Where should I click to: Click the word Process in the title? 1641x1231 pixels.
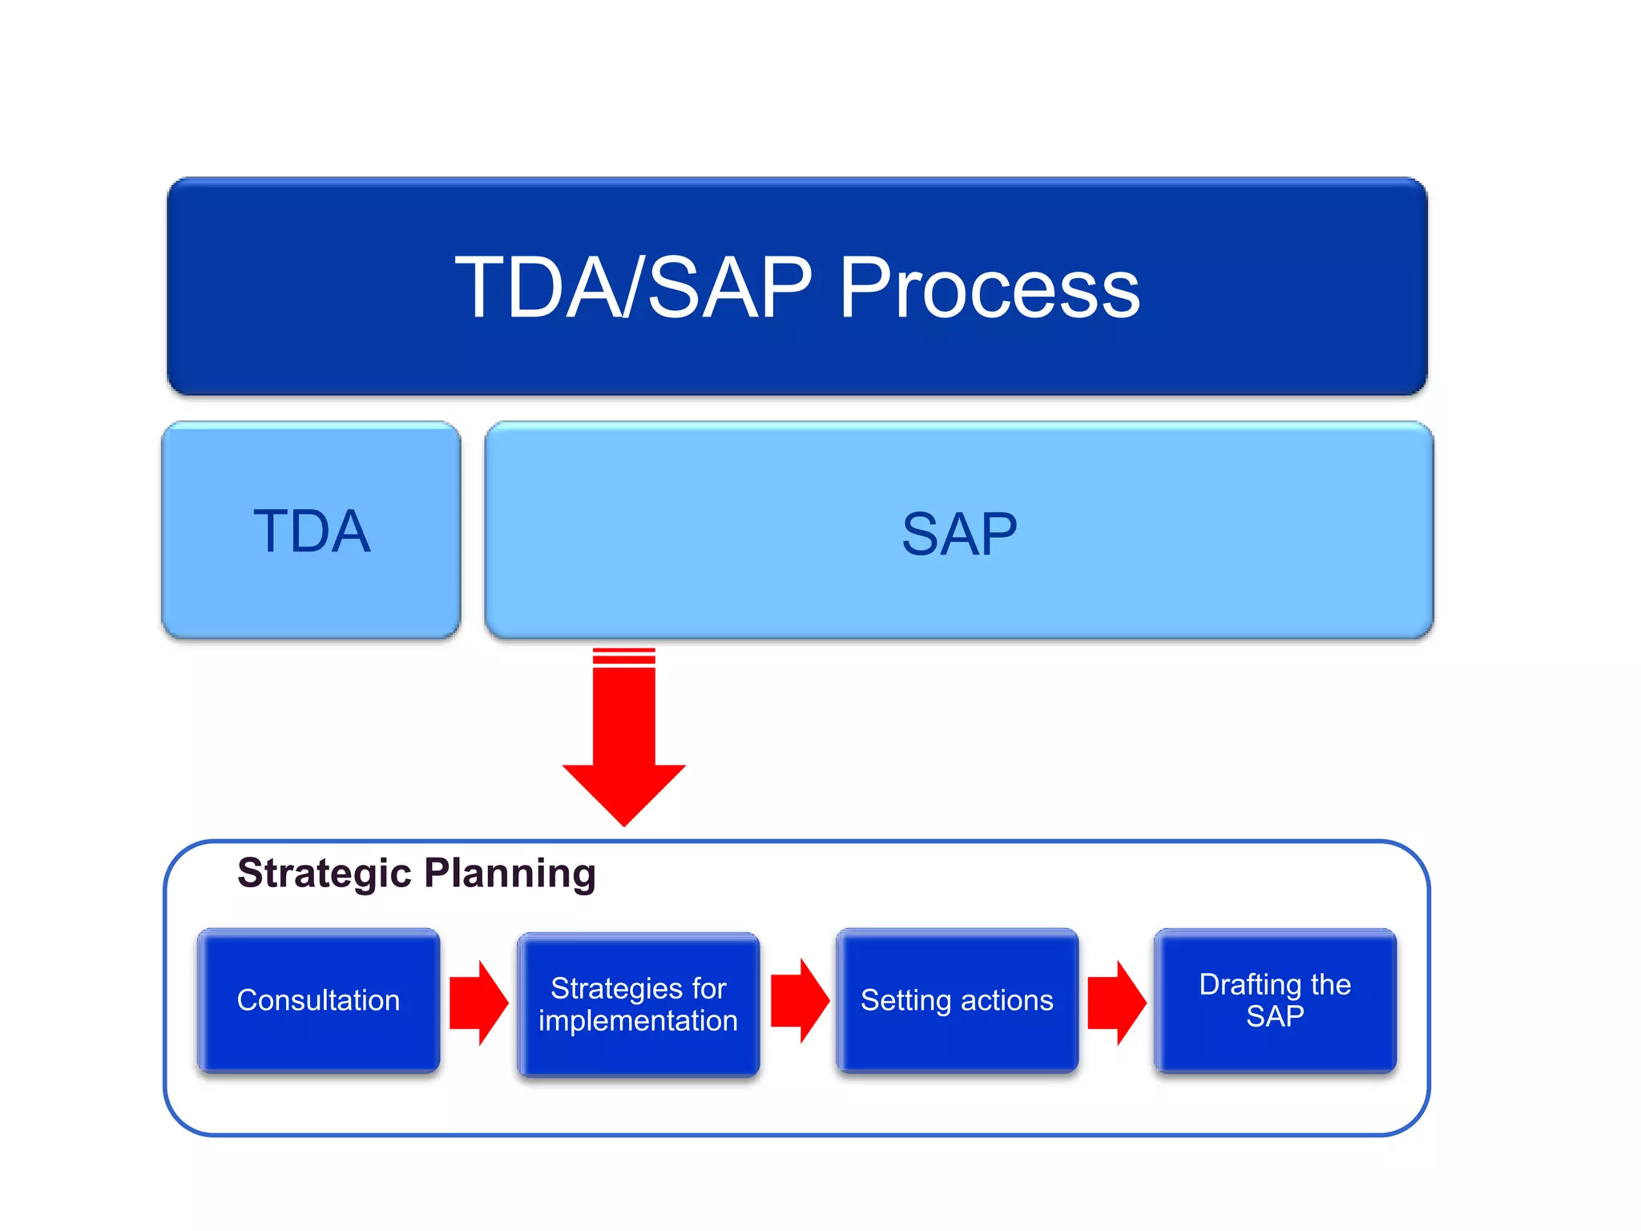point(989,289)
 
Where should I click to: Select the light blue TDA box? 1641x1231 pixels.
point(311,531)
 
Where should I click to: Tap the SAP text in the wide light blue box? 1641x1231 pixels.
point(959,535)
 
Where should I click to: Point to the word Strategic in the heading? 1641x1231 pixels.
point(324,873)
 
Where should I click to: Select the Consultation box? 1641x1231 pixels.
point(318,1000)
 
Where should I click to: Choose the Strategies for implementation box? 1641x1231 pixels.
point(638,1003)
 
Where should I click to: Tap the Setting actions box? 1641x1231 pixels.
point(957,1000)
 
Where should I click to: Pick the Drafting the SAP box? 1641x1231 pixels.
point(1275,1000)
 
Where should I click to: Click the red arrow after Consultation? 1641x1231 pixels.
point(478,1003)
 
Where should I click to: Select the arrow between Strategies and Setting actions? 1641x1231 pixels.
point(799,1000)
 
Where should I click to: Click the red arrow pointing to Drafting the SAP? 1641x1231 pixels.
point(1116,1003)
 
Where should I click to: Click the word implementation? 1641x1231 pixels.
point(638,1021)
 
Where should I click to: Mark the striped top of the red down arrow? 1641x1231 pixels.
point(624,657)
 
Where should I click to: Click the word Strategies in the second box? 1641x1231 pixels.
point(616,988)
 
